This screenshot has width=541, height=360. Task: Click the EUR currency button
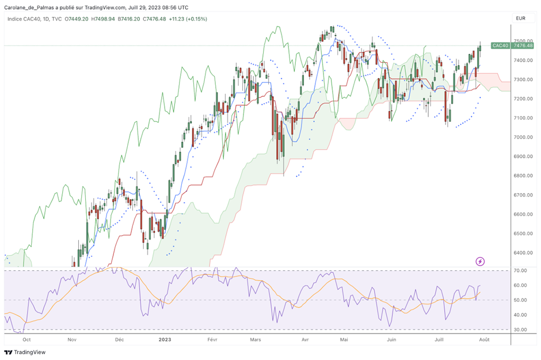tap(521, 18)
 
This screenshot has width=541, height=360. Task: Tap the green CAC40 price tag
tap(500, 46)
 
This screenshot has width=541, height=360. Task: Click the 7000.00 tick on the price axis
tap(523, 137)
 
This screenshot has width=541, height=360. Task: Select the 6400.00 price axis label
tap(523, 252)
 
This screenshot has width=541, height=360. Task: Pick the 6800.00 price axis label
tap(523, 176)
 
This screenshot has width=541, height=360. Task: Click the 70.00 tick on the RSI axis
tap(520, 270)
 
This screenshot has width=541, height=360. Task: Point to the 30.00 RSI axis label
tap(520, 329)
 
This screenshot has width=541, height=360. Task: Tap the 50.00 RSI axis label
tap(520, 300)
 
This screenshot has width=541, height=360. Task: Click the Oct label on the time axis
tap(26, 340)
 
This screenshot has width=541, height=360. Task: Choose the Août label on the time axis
tap(484, 340)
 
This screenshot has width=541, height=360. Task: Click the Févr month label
tap(212, 340)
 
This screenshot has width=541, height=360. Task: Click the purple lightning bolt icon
tap(480, 262)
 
